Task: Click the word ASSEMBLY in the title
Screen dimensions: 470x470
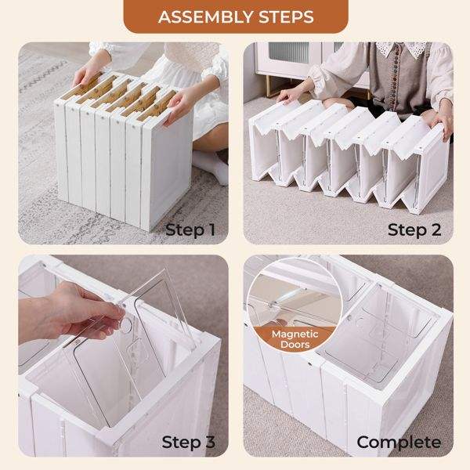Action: pyautogui.click(x=206, y=16)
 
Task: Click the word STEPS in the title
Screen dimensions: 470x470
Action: pyautogui.click(x=286, y=16)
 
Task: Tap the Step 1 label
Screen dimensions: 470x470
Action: pyautogui.click(x=190, y=230)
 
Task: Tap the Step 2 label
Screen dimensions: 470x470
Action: pyautogui.click(x=414, y=230)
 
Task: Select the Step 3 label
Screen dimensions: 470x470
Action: pyautogui.click(x=188, y=442)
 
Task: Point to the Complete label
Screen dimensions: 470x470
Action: pyautogui.click(x=399, y=443)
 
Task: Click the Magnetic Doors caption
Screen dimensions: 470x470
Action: pyautogui.click(x=295, y=339)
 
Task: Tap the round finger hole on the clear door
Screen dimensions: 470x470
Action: pyautogui.click(x=125, y=325)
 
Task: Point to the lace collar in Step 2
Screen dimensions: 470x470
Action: pyautogui.click(x=402, y=49)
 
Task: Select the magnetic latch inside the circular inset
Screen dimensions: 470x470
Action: pyautogui.click(x=272, y=305)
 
